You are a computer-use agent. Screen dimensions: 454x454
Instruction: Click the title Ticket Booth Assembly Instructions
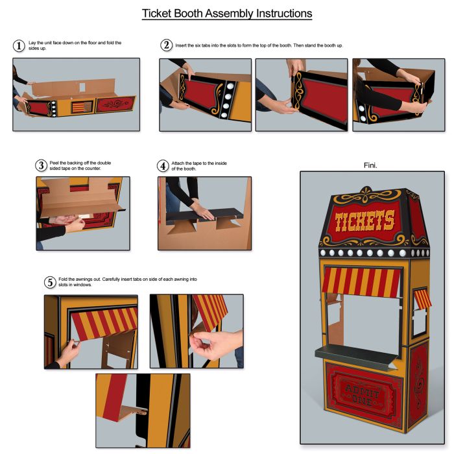[227, 14]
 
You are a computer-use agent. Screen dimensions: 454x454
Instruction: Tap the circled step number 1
[19, 45]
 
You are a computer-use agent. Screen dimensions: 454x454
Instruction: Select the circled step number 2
[166, 45]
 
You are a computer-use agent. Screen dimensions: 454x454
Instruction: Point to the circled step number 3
[41, 165]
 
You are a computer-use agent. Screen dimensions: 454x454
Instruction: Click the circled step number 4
[163, 165]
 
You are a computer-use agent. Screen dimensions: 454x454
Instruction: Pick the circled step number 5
[49, 282]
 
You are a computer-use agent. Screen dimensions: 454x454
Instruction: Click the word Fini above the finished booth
[371, 165]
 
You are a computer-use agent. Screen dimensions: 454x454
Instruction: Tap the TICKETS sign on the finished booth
[364, 221]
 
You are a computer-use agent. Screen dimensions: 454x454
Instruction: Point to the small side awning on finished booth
[422, 298]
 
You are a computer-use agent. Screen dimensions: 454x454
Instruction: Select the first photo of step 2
[205, 95]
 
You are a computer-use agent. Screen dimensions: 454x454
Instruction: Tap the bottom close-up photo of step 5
[143, 410]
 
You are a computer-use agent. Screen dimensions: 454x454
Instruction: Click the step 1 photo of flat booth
[76, 95]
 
